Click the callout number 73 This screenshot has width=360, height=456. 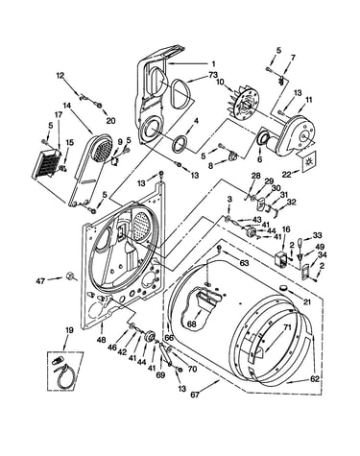pyautogui.click(x=213, y=75)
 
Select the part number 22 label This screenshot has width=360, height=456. pyautogui.click(x=286, y=174)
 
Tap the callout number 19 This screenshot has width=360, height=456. pyautogui.click(x=69, y=330)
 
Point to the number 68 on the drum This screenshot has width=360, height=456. pyautogui.click(x=192, y=324)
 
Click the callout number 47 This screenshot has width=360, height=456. pyautogui.click(x=40, y=281)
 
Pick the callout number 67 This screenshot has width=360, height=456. pyautogui.click(x=195, y=395)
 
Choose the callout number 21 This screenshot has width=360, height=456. pyautogui.click(x=307, y=302)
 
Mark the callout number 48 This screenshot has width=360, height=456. pyautogui.click(x=101, y=340)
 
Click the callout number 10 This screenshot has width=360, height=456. pyautogui.click(x=220, y=82)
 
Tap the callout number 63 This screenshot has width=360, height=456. pyautogui.click(x=244, y=263)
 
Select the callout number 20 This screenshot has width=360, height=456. pyautogui.click(x=110, y=121)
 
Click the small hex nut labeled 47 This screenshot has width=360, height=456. pyautogui.click(x=68, y=276)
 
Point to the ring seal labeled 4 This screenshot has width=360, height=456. pyautogui.click(x=180, y=143)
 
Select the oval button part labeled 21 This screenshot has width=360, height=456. pyautogui.click(x=283, y=288)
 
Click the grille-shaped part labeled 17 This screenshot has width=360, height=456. pyautogui.click(x=46, y=163)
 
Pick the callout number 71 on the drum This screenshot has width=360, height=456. pyautogui.click(x=288, y=327)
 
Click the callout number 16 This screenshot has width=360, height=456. pyautogui.click(x=286, y=229)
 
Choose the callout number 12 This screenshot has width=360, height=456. pyautogui.click(x=60, y=76)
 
